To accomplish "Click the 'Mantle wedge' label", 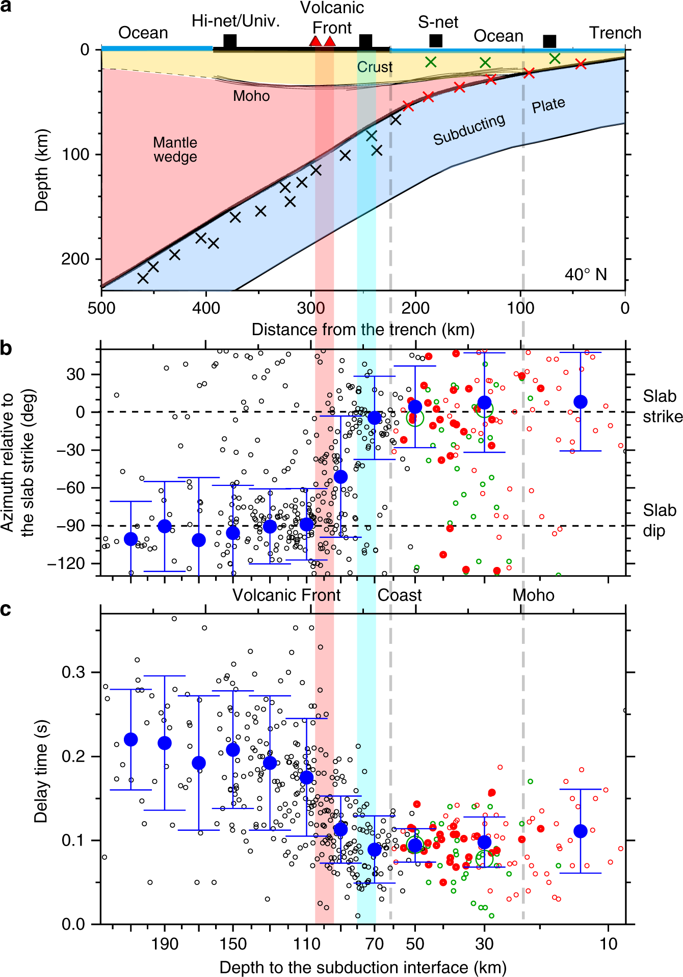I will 175,149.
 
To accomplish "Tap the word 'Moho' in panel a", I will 251,96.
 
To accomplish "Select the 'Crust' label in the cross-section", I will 375,67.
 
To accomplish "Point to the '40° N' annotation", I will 586,275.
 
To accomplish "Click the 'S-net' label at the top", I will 438,22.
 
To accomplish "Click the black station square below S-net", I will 436,41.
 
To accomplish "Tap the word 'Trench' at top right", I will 615,33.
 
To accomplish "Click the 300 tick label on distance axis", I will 310,308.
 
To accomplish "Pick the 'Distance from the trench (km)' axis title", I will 363,329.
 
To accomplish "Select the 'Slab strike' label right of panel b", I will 661,406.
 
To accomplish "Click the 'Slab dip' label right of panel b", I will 658,520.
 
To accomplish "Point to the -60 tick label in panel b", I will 70,487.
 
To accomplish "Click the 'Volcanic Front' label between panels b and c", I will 286,595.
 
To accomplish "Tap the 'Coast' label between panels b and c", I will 400,595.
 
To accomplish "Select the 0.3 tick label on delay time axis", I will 74,672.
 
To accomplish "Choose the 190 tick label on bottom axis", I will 165,944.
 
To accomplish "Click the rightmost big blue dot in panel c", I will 581,831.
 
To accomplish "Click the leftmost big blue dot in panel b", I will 131,538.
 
